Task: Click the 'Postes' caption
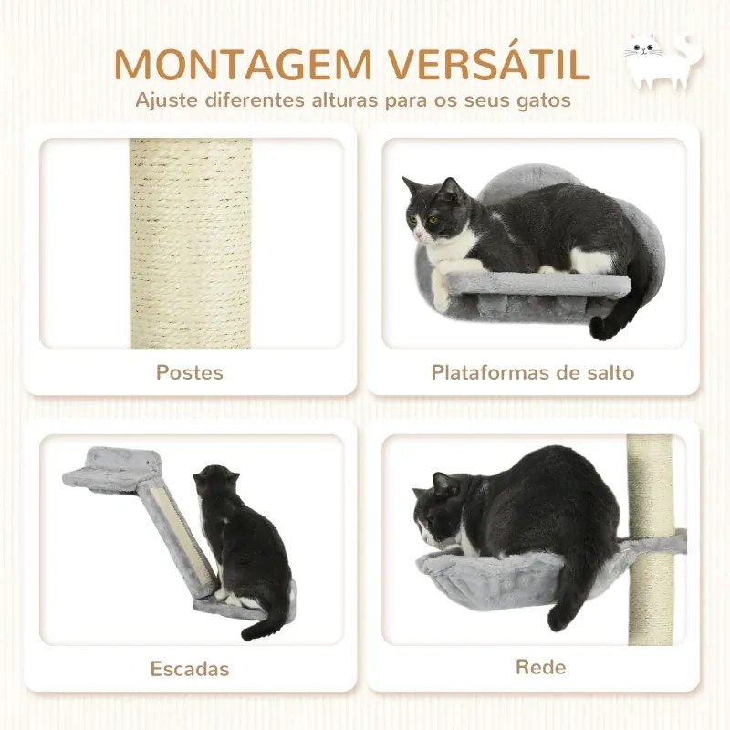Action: coord(189,372)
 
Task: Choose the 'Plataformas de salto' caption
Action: coord(533,372)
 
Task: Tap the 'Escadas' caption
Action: coord(189,669)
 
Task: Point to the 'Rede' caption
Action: coord(540,667)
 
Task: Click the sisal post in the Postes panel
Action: coord(191,243)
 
